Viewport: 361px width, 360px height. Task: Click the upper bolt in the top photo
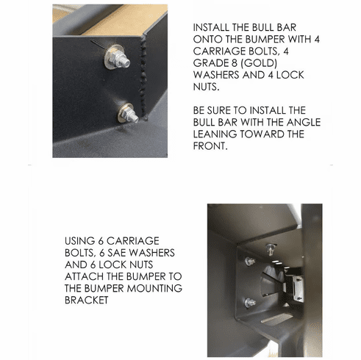click(117, 59)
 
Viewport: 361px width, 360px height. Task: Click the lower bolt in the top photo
click(127, 114)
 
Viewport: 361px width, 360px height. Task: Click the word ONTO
click(207, 39)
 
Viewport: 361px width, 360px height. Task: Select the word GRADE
click(210, 63)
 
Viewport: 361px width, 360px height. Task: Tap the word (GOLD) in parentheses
click(259, 63)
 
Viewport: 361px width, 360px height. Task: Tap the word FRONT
click(210, 146)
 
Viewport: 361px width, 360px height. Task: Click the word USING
click(79, 241)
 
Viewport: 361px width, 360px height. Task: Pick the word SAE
click(117, 253)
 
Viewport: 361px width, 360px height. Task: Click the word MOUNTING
click(154, 289)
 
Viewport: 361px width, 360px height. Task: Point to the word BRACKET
click(87, 300)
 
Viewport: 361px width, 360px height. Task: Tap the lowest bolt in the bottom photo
click(250, 303)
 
